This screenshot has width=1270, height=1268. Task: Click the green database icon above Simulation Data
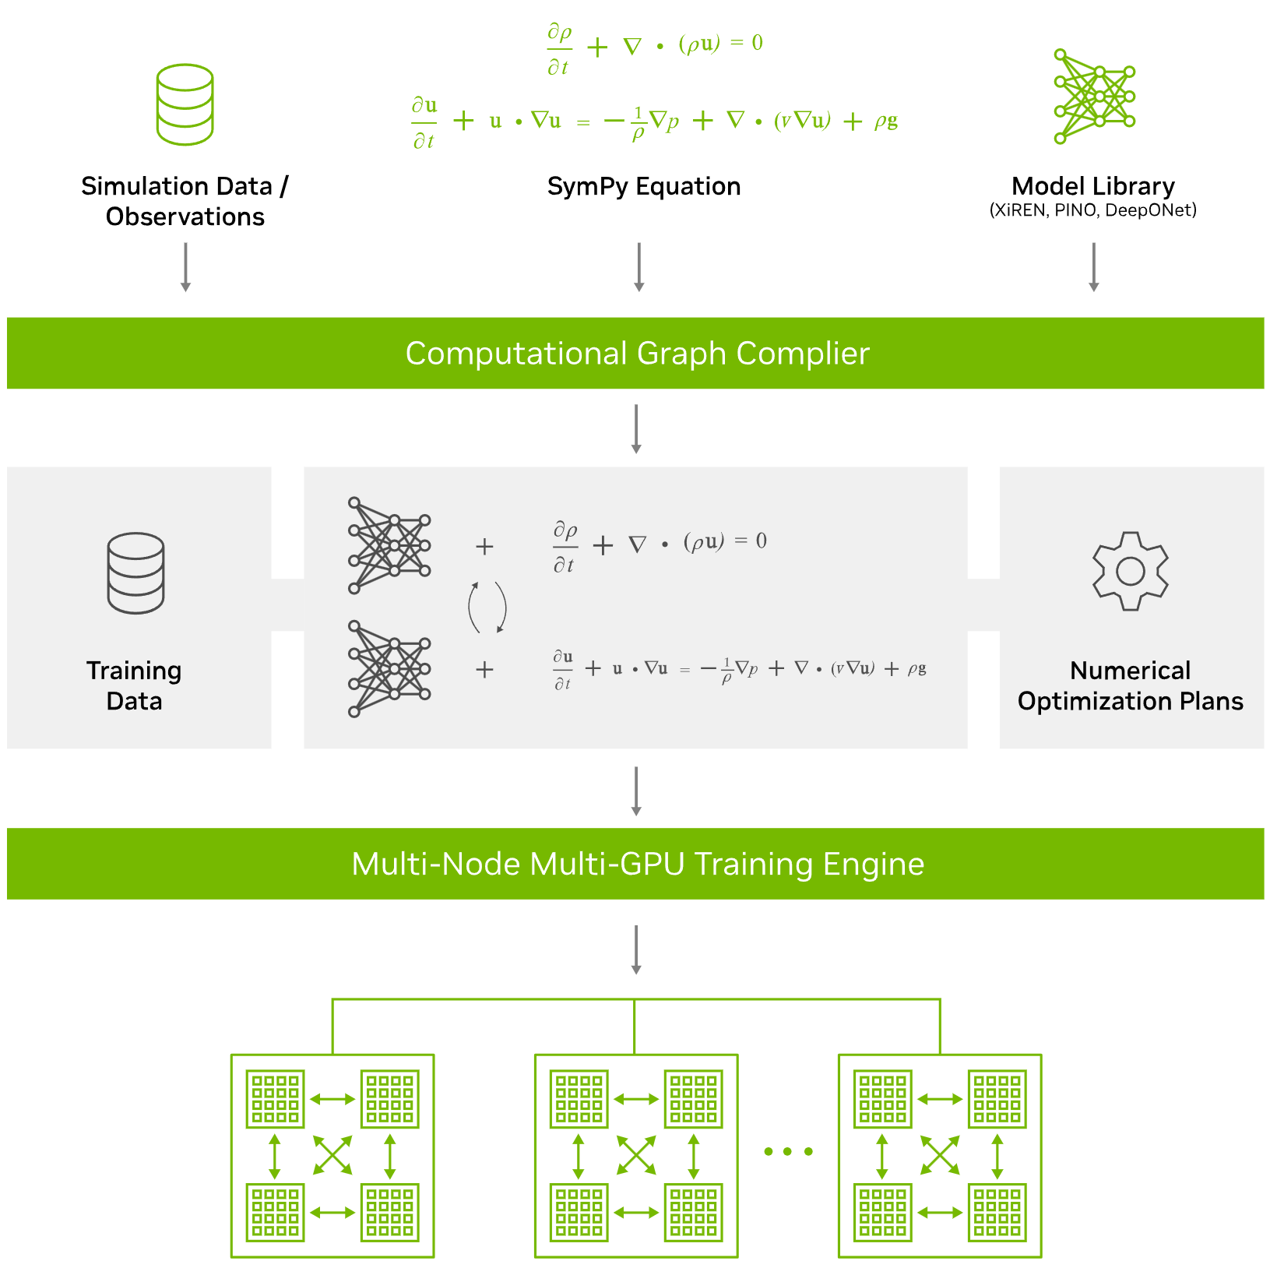click(185, 104)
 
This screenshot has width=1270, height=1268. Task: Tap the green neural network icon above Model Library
click(1094, 97)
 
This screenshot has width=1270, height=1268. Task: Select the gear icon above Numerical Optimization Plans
click(1130, 571)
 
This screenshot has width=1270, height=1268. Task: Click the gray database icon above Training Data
click(135, 573)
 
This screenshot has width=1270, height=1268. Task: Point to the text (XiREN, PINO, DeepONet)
click(1093, 210)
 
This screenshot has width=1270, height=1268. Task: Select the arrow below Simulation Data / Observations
click(185, 267)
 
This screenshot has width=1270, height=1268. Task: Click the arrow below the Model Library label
click(1093, 267)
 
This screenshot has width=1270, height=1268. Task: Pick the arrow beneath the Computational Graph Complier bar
click(636, 429)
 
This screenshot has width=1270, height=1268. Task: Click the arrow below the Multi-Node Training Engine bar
click(636, 950)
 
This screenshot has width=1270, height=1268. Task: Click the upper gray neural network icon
click(389, 545)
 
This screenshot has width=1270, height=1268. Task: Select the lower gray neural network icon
click(389, 668)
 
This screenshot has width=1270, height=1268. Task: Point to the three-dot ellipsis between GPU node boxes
click(788, 1151)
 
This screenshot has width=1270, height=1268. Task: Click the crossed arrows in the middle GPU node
click(636, 1155)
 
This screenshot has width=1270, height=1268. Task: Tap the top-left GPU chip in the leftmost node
click(275, 1099)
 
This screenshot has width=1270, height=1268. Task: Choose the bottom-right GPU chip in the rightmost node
click(997, 1213)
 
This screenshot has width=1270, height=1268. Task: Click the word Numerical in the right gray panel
click(1130, 671)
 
